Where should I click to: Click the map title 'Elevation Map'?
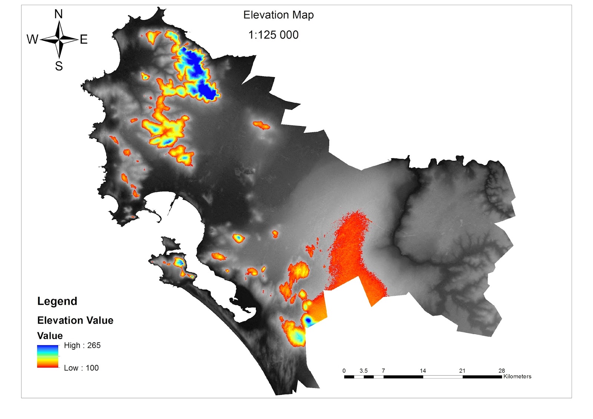point(278,15)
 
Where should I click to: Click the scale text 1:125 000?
point(273,35)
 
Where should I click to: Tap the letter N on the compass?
point(59,14)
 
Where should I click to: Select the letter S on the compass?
point(59,66)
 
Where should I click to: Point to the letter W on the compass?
point(32,39)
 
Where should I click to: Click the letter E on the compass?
point(84,39)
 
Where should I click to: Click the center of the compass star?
point(59,39)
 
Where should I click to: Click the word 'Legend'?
point(57,301)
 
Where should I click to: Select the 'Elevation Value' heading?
point(75,320)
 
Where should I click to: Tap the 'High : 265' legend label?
point(82,345)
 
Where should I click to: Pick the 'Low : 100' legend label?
point(81,368)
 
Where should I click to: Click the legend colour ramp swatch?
point(47,356)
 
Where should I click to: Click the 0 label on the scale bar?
point(344,371)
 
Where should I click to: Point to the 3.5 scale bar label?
point(364,371)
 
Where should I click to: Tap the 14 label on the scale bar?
point(423,371)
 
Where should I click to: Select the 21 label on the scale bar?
point(462,371)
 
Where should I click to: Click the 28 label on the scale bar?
point(501,371)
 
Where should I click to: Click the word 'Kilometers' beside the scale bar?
point(517,376)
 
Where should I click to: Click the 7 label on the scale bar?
point(383,371)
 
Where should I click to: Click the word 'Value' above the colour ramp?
point(50,336)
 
